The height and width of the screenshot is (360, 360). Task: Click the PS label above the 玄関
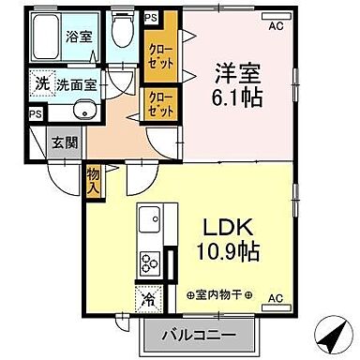(35, 114)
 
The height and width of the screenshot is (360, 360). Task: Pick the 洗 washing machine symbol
(41, 82)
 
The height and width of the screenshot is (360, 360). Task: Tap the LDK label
(228, 228)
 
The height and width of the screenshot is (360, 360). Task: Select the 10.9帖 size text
(228, 251)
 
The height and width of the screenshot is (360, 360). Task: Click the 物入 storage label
(96, 180)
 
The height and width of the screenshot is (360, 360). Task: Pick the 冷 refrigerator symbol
(148, 300)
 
